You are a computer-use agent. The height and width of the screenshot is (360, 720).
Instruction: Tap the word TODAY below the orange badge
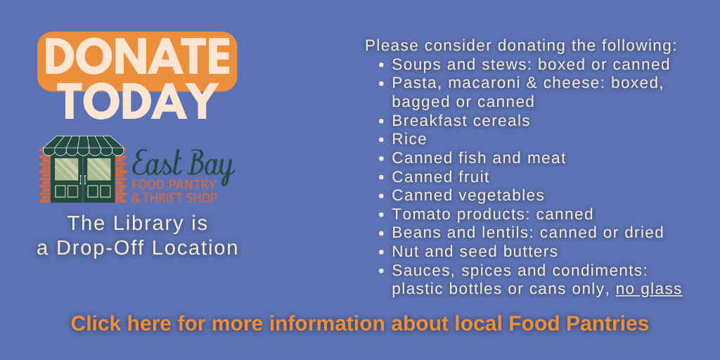[137, 103]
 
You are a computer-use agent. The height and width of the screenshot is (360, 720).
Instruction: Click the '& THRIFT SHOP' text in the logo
[174, 198]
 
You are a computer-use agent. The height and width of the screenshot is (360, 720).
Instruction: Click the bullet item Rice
[409, 139]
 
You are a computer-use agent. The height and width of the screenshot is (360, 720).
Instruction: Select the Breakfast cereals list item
[461, 120]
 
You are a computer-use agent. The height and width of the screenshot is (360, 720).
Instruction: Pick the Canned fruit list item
[440, 176]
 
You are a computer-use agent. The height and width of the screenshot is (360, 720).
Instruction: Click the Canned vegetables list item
[468, 195]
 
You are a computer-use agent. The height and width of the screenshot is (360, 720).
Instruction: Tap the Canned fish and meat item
[478, 158]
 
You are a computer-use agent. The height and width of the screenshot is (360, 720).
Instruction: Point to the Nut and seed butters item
[475, 252]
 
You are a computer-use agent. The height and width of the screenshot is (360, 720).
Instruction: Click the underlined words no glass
[648, 289]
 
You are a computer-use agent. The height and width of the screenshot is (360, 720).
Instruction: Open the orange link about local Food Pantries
[359, 323]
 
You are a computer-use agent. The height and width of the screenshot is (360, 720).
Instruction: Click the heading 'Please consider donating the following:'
[520, 46]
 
